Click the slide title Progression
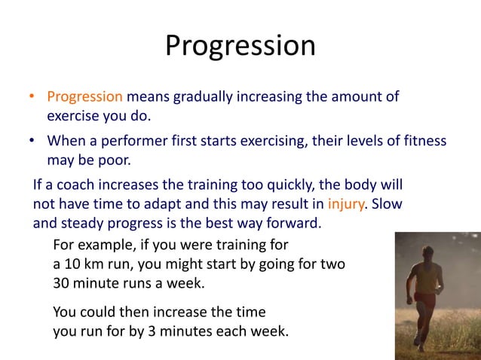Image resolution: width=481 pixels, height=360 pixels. [x=240, y=46]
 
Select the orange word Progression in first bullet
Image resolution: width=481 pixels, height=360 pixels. [x=84, y=97]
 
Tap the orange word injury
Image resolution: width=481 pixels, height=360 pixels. [x=347, y=203]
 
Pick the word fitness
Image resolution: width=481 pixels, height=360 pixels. [x=423, y=141]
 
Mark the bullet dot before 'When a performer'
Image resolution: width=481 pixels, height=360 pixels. [x=32, y=141]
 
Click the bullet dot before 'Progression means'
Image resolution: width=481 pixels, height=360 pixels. [x=32, y=97]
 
